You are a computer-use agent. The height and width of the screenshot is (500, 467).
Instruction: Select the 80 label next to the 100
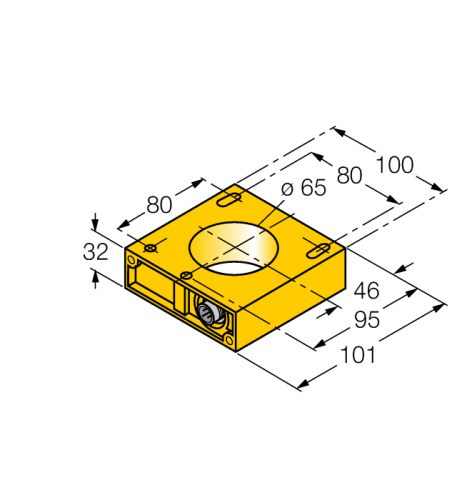(350, 176)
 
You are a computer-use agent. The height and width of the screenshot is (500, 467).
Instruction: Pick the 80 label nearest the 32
(159, 204)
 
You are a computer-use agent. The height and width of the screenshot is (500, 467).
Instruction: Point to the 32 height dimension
(95, 253)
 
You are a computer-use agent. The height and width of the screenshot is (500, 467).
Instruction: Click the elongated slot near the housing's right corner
(315, 250)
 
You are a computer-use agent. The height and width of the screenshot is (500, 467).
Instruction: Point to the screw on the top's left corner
(150, 247)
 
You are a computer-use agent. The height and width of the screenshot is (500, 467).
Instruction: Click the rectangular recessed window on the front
(153, 283)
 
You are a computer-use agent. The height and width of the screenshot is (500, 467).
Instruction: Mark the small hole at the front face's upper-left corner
(130, 259)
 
